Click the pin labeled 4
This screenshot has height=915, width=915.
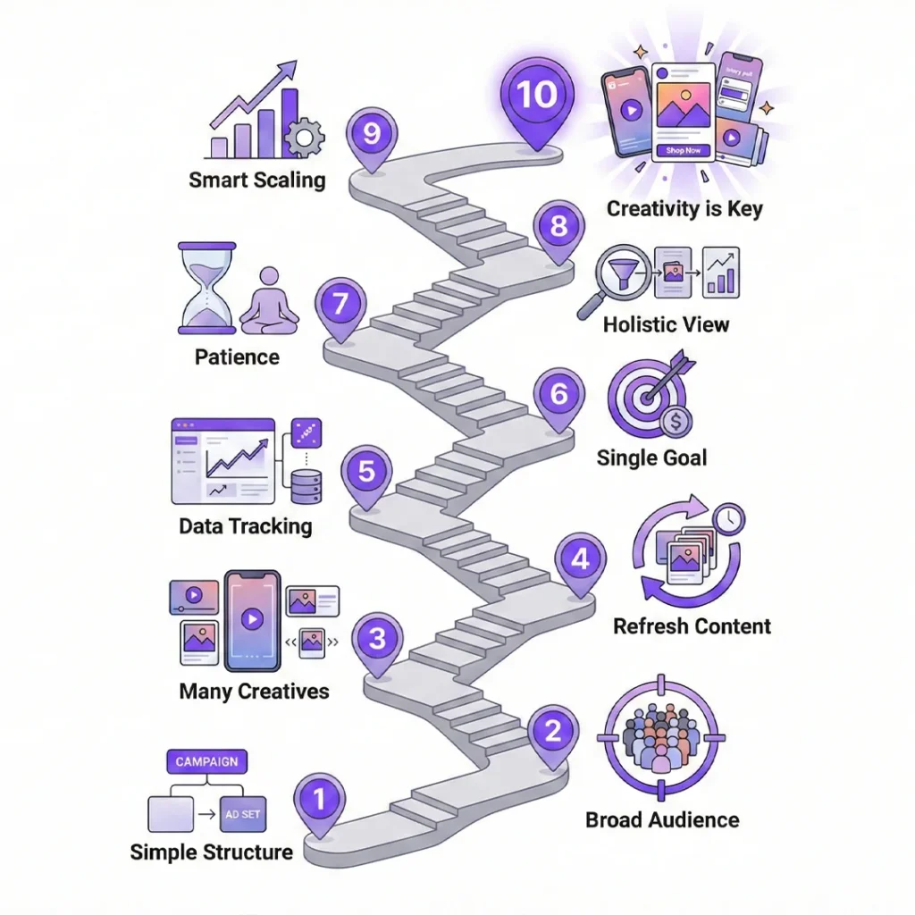(580, 562)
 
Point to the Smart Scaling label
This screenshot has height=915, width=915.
(257, 180)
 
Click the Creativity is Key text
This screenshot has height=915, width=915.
(684, 209)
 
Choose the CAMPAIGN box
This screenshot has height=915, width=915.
(206, 761)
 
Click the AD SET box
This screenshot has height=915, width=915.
(242, 815)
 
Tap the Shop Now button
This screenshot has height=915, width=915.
(683, 151)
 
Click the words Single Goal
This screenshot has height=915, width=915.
(651, 458)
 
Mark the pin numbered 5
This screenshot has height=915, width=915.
(366, 472)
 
